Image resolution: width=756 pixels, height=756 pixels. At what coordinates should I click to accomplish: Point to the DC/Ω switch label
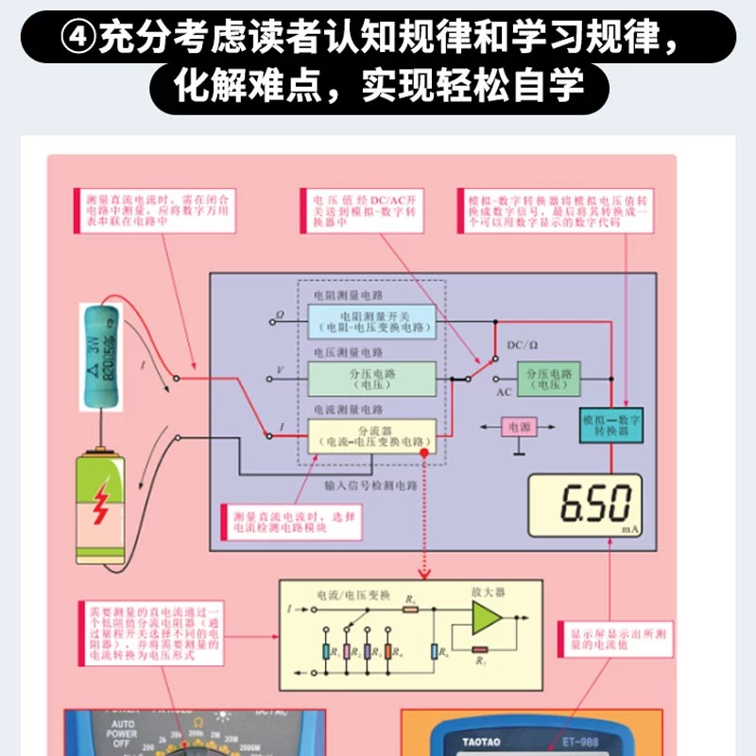523,346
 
